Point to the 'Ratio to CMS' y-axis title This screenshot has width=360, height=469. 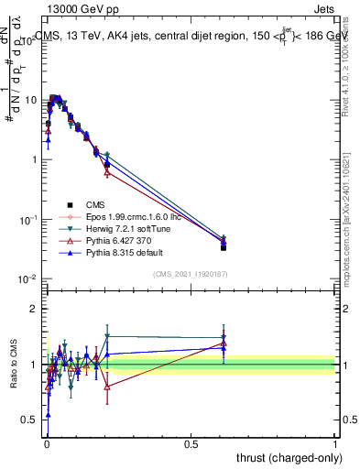13,365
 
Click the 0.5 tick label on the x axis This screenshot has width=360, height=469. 191,442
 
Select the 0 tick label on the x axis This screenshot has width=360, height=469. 47,442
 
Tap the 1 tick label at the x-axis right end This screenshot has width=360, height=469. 335,442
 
